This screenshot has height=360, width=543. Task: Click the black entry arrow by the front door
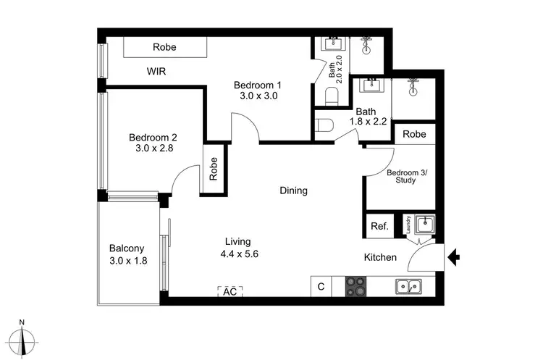(455, 256)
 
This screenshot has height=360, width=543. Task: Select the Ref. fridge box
(379, 226)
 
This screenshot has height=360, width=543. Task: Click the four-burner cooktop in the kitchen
(356, 286)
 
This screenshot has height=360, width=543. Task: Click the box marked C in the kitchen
(321, 287)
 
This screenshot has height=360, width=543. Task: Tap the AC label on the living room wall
(230, 292)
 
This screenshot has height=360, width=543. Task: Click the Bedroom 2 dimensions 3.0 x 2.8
(153, 148)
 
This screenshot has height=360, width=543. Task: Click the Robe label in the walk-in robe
(165, 47)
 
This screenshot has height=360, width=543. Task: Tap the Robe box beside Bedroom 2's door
(214, 169)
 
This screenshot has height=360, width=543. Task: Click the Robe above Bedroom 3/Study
(414, 134)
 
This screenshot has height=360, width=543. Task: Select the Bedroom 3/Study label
(401, 176)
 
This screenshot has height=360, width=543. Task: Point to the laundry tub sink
(424, 225)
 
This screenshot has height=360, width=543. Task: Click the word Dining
(294, 191)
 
